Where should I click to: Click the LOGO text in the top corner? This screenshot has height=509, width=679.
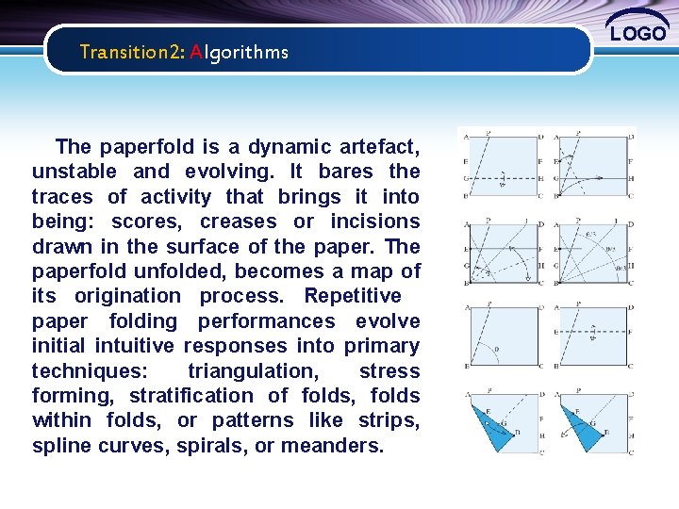click(x=638, y=33)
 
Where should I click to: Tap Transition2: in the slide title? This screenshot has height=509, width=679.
click(x=132, y=52)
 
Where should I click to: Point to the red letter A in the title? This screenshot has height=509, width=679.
click(x=196, y=52)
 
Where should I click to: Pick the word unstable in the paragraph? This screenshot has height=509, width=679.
click(x=75, y=172)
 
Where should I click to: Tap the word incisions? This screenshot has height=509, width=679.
click(x=374, y=222)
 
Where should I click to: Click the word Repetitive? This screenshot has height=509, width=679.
click(x=353, y=296)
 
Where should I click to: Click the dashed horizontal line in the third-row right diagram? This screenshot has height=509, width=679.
click(x=594, y=332)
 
